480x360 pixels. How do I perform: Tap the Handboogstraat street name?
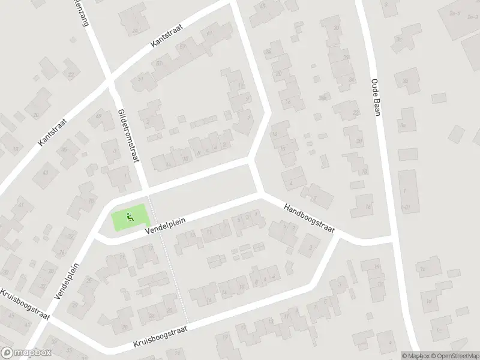click(x=309, y=218)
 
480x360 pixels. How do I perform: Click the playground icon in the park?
click(x=130, y=217)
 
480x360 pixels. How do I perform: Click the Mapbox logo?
click(x=27, y=352)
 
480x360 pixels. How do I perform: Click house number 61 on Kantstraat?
click(x=209, y=34)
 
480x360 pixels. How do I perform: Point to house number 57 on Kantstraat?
click(x=182, y=47)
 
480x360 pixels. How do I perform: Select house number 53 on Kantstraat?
click(x=159, y=62)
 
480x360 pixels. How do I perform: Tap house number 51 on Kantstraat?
click(x=141, y=78)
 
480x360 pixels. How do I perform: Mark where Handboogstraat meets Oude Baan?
click(x=393, y=239)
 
